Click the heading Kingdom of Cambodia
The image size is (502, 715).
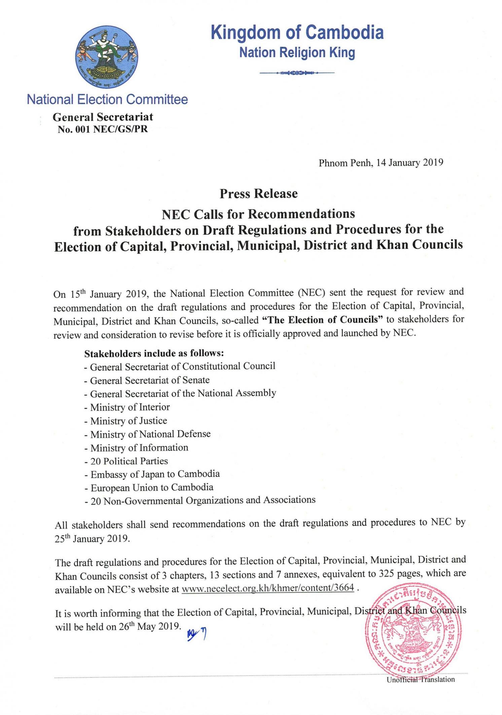(x=297, y=33)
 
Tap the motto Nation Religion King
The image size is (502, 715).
(x=297, y=53)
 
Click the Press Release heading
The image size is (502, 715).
(x=258, y=194)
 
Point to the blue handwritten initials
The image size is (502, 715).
(x=196, y=634)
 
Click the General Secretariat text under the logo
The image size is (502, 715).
(x=103, y=117)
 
